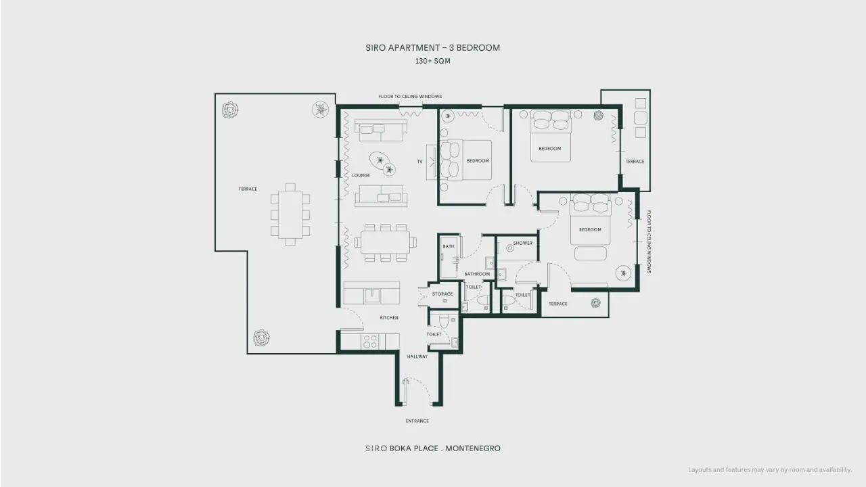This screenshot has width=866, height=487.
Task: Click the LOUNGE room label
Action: pyautogui.click(x=361, y=175)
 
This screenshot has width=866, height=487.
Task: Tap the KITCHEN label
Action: pyautogui.click(x=389, y=318)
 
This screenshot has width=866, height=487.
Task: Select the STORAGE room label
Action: pyautogui.click(x=442, y=294)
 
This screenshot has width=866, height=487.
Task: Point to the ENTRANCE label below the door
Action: pyautogui.click(x=417, y=421)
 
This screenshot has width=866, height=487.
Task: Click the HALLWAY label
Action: pyautogui.click(x=417, y=356)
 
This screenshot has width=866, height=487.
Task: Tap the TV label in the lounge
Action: pyautogui.click(x=420, y=162)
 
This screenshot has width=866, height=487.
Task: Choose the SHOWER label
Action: pyautogui.click(x=523, y=243)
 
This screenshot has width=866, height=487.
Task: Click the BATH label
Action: pyautogui.click(x=449, y=246)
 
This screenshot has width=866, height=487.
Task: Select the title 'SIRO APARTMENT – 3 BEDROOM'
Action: pyautogui.click(x=432, y=47)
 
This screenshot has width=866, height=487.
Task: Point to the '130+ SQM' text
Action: pyautogui.click(x=432, y=61)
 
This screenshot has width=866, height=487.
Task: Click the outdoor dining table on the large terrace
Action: pyautogui.click(x=290, y=214)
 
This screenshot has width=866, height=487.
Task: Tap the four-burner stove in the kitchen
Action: pyautogui.click(x=370, y=342)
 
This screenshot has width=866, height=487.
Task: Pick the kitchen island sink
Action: pyautogui.click(x=372, y=296)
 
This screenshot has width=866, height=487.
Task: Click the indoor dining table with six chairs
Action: pyautogui.click(x=385, y=242)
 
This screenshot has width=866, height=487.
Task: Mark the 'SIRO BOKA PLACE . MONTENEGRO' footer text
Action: pyautogui.click(x=433, y=448)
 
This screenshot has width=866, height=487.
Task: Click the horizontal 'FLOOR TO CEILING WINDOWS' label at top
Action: pyautogui.click(x=410, y=96)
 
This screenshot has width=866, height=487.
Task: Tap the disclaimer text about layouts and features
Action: pyautogui.click(x=770, y=470)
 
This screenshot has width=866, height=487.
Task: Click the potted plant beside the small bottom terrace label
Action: pyautogui.click(x=596, y=303)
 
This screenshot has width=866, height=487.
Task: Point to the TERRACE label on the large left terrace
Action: pyautogui.click(x=248, y=189)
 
